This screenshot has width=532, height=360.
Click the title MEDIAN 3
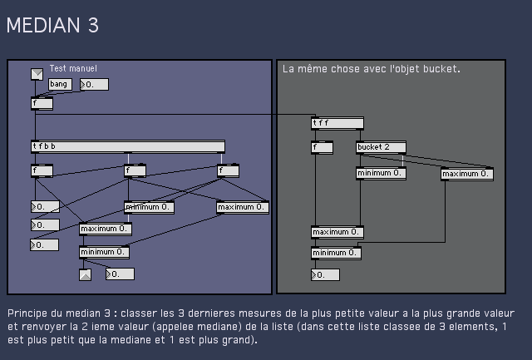[x=52, y=26]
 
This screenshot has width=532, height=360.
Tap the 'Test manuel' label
[x=73, y=69]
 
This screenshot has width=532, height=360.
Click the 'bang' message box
[x=59, y=84]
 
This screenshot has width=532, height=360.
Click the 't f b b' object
[x=127, y=147]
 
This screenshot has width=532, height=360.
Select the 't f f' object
[x=337, y=124]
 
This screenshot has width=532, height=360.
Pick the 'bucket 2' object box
[x=381, y=148]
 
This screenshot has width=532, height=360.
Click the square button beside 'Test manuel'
[x=37, y=74]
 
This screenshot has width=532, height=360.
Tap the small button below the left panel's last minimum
[x=85, y=274]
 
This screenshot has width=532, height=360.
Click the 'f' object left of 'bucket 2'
[x=322, y=148]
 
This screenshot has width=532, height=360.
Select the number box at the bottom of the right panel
[x=325, y=274]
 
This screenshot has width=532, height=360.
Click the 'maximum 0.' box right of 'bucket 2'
[x=466, y=175]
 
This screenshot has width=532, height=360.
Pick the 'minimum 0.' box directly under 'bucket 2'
[x=381, y=174]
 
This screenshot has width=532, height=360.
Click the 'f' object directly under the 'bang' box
[x=42, y=104]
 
